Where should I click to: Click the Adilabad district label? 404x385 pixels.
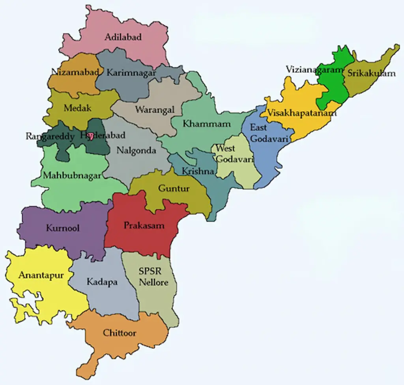[123, 37]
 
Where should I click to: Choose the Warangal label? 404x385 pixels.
[155, 110]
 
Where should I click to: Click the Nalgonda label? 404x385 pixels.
[137, 151]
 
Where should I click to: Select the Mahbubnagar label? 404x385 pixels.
[72, 176]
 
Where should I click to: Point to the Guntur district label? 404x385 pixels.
[174, 188]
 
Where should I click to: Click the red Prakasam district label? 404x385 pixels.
[144, 226]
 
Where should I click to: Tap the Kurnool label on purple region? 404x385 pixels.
[62, 228]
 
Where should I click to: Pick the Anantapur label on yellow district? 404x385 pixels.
[41, 275]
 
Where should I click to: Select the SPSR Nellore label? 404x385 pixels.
[153, 277]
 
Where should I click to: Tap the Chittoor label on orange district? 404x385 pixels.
[120, 333]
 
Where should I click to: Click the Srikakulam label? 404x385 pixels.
[371, 74]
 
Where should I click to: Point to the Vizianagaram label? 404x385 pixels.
[315, 69]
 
